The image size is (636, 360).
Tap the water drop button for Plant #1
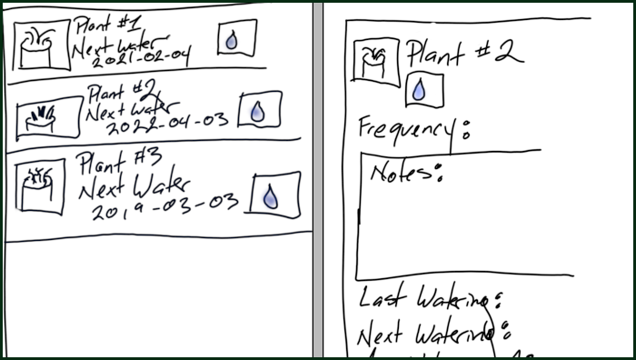[236, 38]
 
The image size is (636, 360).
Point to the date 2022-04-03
[164, 125]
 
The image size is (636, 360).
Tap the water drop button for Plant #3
[271, 195]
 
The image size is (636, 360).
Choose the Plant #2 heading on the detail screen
[463, 55]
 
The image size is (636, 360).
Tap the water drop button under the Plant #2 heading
[419, 89]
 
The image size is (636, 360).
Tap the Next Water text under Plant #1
[114, 40]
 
